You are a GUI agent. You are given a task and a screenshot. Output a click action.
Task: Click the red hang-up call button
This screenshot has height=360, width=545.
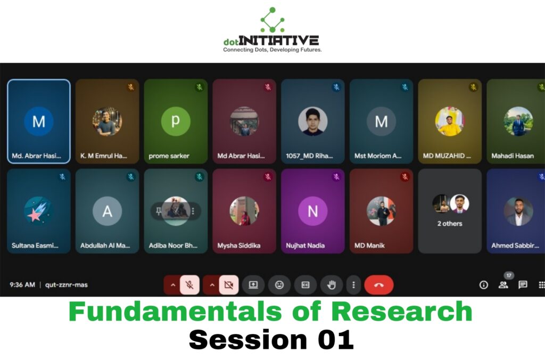378,285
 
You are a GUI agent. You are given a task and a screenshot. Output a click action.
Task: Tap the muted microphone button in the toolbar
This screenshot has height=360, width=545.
189,285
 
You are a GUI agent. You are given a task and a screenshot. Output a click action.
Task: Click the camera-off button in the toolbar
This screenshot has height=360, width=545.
229,285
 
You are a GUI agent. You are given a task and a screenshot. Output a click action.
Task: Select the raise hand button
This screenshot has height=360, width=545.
332,285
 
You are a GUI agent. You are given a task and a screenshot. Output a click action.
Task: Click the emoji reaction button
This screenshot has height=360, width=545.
279,285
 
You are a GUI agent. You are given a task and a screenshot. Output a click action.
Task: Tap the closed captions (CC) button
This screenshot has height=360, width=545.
305,285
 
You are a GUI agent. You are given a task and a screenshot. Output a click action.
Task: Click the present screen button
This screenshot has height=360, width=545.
253,285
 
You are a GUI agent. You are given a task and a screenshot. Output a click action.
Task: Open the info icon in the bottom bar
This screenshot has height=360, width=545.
483,285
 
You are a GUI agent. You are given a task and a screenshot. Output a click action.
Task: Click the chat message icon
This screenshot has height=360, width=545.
523,285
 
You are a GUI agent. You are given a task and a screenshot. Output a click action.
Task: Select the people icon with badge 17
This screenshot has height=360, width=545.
503,285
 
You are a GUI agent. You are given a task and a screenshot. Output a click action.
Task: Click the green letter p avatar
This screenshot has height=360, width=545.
176,121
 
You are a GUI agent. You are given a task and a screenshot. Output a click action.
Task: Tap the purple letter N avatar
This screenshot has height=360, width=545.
313,211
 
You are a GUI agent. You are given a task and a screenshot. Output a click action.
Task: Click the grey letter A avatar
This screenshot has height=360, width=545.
107,211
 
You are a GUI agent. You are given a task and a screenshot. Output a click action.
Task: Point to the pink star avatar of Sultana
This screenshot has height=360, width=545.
38,211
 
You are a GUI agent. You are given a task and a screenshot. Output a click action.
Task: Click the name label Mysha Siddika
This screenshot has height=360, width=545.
239,246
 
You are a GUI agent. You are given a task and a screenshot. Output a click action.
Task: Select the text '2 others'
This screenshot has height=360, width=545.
450,224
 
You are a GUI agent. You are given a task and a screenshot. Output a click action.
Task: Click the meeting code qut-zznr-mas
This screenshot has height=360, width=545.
67,285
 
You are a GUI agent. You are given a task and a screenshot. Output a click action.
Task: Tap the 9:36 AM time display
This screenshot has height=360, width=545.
22,285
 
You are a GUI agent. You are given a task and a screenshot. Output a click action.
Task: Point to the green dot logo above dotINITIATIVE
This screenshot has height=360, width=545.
272,20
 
